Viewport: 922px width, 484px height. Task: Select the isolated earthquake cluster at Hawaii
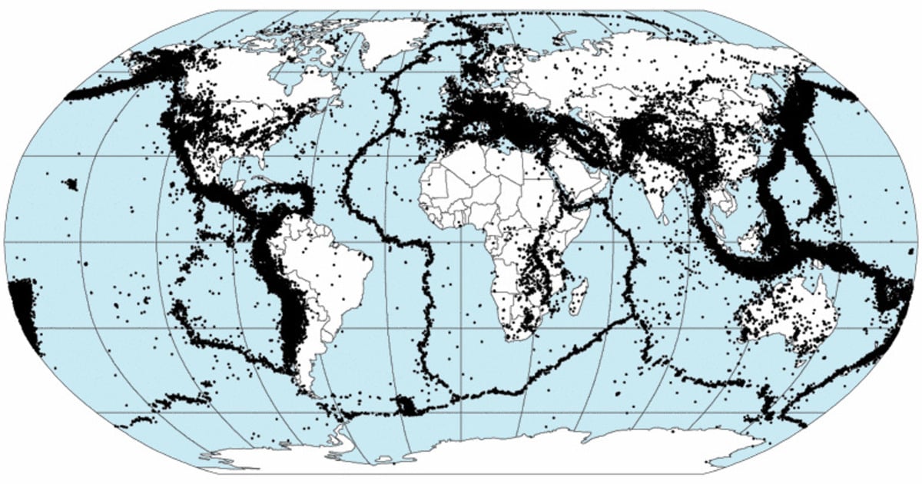(x=71, y=184)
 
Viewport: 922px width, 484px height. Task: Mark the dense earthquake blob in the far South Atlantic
(x=403, y=405)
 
